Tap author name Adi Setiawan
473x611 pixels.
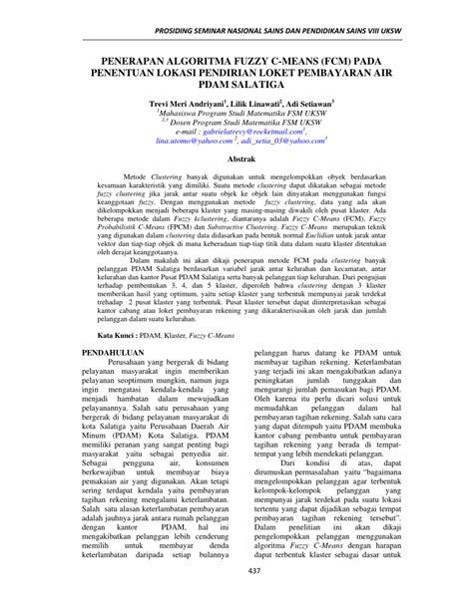tap(313, 103)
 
